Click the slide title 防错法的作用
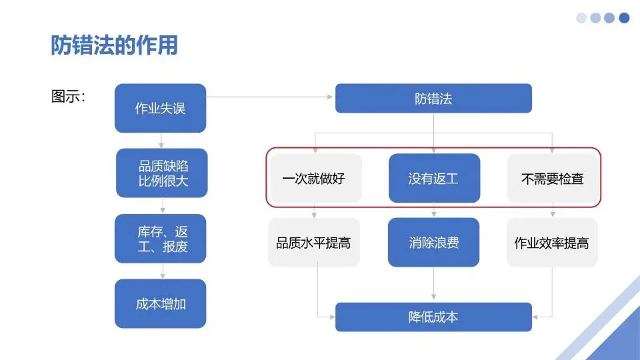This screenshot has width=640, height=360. pyautogui.click(x=114, y=45)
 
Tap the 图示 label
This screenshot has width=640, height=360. pyautogui.click(x=68, y=97)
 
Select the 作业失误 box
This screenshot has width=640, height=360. pyautogui.click(x=161, y=108)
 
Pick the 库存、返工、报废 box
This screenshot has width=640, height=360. pyautogui.click(x=161, y=239)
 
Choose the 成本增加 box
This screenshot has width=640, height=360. pyautogui.click(x=161, y=303)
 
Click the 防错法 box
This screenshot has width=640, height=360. pyautogui.click(x=433, y=98)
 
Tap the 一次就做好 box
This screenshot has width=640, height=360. pyautogui.click(x=314, y=178)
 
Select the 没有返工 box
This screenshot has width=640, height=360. pyautogui.click(x=434, y=178)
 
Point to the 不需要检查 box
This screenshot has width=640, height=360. pyautogui.click(x=553, y=178)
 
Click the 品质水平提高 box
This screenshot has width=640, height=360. pyautogui.click(x=314, y=243)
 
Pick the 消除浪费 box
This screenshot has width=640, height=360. pyautogui.click(x=434, y=243)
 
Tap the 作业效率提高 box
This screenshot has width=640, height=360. pyautogui.click(x=551, y=243)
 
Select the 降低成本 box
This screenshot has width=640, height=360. pyautogui.click(x=433, y=317)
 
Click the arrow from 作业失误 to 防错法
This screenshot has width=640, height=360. pyautogui.click(x=270, y=97)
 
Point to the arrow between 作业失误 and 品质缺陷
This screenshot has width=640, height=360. pyautogui.click(x=161, y=141)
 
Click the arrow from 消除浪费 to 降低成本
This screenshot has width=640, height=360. pyautogui.click(x=434, y=285)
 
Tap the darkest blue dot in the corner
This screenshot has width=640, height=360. pyautogui.click(x=624, y=18)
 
